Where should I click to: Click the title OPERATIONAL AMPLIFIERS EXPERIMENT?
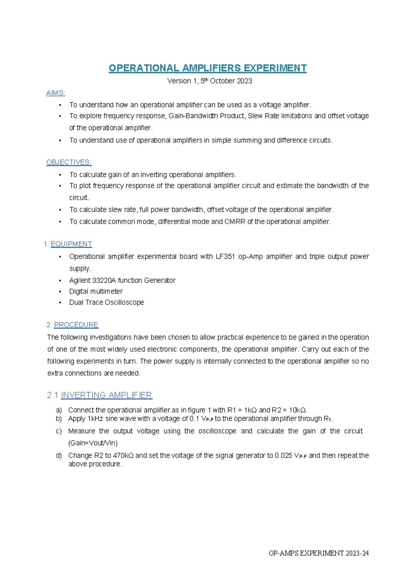(x=207, y=68)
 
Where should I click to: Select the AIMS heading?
(x=56, y=93)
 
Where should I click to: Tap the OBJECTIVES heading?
(x=69, y=162)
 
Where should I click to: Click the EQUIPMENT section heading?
(x=71, y=244)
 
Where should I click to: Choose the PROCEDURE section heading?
(x=76, y=325)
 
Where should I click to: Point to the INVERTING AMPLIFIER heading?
(x=106, y=395)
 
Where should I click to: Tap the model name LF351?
(x=225, y=256)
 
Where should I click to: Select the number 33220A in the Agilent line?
(x=104, y=281)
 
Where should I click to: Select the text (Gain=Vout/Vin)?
(x=93, y=443)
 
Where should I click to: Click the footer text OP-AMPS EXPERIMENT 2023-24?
(x=319, y=553)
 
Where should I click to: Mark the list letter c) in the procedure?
(x=59, y=431)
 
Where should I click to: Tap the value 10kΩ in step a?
(x=298, y=410)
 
